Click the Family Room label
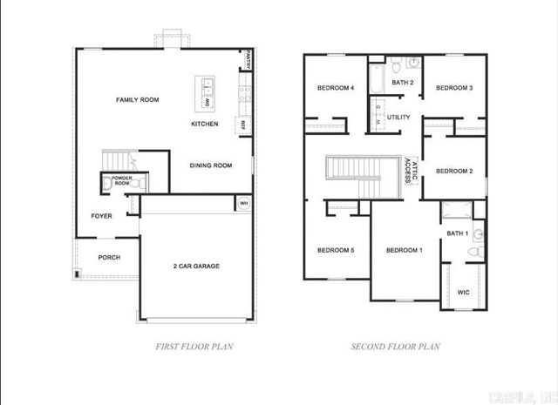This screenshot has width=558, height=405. (x=138, y=100)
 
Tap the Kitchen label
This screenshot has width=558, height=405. (x=205, y=124)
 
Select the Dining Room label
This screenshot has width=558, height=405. (x=211, y=165)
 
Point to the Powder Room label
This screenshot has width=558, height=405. (x=121, y=180)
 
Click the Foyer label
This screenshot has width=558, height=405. (x=102, y=216)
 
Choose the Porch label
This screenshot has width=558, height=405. (x=109, y=258)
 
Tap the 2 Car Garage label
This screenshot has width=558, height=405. (x=194, y=266)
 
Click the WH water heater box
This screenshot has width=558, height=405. (x=243, y=203)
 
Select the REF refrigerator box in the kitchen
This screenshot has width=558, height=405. (x=242, y=125)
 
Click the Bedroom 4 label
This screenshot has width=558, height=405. (x=335, y=88)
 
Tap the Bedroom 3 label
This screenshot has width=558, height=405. (x=454, y=88)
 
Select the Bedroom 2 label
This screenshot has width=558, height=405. (x=454, y=171)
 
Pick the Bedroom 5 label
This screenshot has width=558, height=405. (x=336, y=251)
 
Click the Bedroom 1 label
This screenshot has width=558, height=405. (x=404, y=251)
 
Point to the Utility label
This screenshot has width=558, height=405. (x=398, y=117)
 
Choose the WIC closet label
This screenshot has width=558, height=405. (x=463, y=292)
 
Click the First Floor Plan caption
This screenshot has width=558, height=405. (x=194, y=347)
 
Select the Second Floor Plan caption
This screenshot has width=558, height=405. (x=395, y=347)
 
